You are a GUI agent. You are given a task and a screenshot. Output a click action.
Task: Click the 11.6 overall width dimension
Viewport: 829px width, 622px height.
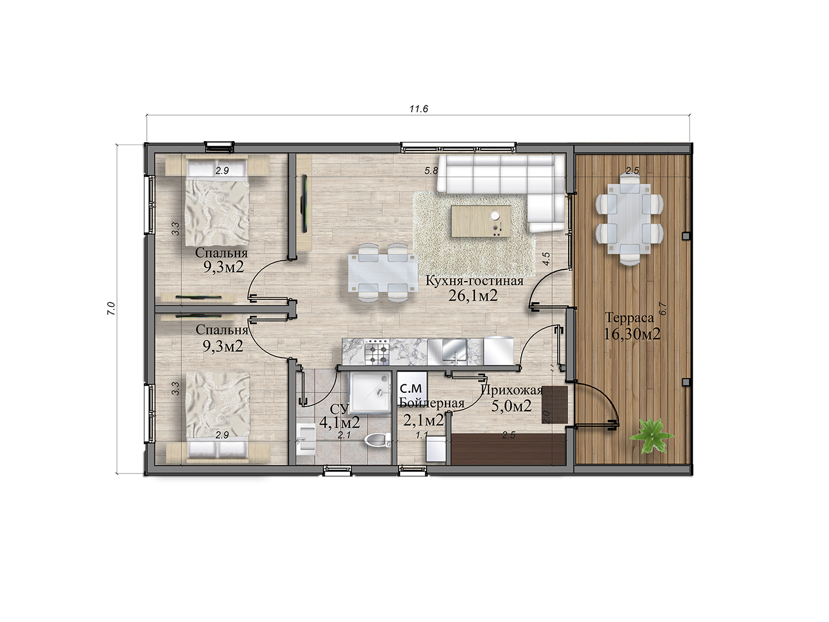click(419, 109)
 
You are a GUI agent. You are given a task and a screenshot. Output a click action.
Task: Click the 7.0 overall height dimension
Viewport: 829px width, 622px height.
click(111, 309)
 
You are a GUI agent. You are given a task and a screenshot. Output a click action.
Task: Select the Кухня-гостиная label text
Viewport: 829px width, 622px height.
click(474, 281)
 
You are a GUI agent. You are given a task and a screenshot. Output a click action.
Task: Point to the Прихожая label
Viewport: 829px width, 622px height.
click(512, 390)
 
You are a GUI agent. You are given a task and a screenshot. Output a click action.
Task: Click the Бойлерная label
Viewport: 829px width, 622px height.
click(432, 403)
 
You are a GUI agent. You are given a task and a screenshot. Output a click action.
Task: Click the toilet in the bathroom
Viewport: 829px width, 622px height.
click(378, 441)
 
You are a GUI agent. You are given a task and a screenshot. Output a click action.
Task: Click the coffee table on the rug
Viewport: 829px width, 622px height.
click(481, 221)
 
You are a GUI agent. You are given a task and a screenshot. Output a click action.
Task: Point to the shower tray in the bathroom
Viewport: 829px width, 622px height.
click(370, 392)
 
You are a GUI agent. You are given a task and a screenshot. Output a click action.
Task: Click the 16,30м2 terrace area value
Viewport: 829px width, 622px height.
click(632, 334)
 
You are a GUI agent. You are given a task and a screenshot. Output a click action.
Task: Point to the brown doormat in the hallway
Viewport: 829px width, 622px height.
click(555, 405)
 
